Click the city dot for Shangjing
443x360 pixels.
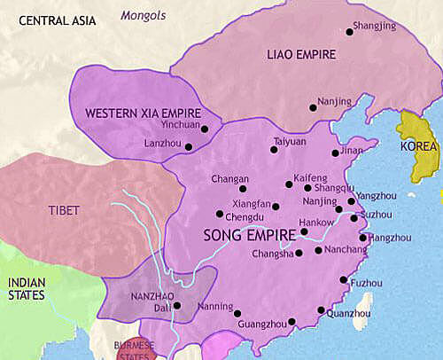350,33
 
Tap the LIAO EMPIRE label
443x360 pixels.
301,55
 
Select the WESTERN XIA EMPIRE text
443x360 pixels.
142,114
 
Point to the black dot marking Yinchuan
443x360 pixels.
204,129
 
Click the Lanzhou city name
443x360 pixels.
162,144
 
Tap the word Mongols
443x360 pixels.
143,14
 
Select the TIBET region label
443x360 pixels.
65,210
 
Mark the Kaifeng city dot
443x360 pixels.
288,184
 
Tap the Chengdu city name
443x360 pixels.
245,215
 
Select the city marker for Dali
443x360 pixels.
177,306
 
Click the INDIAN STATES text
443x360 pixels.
27,289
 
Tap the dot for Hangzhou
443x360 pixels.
362,238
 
